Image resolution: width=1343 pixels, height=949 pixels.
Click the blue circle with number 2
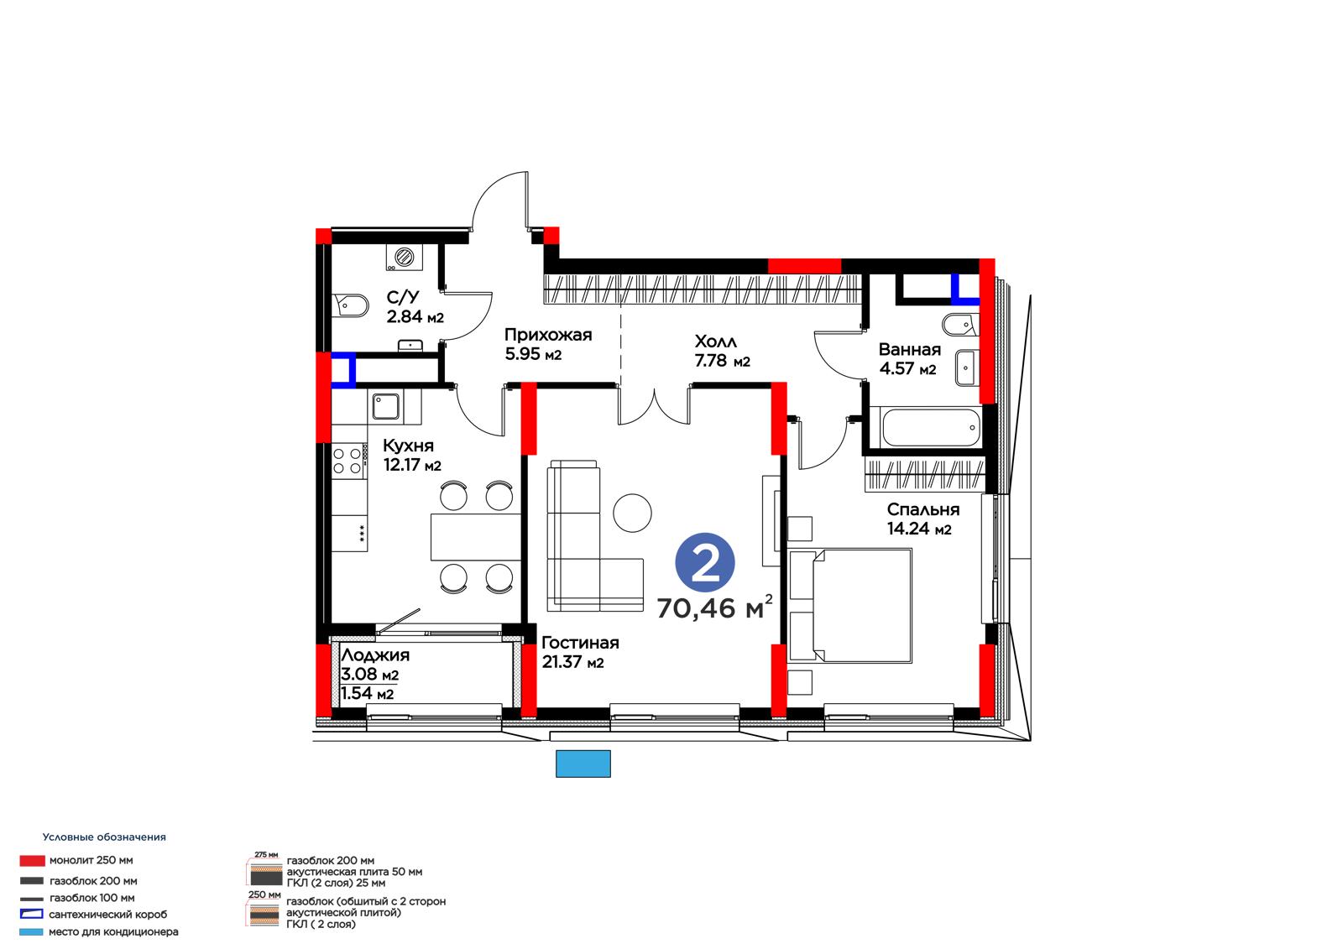click(x=704, y=562)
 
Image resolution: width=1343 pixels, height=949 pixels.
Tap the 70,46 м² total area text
click(x=714, y=607)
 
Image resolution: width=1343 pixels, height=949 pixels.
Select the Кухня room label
click(x=408, y=446)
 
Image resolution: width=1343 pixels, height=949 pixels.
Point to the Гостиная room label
click(x=580, y=643)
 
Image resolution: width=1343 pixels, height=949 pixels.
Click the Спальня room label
click(x=922, y=509)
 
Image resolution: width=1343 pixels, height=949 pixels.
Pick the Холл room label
click(x=715, y=342)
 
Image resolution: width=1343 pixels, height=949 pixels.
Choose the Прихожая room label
click(x=548, y=335)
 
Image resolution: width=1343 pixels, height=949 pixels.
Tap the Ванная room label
click(x=910, y=349)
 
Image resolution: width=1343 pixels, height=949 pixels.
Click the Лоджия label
click(x=375, y=654)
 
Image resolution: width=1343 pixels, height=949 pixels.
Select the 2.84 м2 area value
click(x=415, y=316)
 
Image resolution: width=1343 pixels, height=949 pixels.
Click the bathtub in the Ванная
click(x=926, y=427)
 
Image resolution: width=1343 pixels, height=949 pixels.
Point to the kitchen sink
click(x=385, y=406)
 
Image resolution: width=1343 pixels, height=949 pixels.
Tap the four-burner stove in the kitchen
click(x=349, y=461)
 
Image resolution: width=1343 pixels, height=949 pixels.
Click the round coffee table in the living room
click(x=632, y=513)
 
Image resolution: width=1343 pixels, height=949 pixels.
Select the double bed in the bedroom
click(x=850, y=606)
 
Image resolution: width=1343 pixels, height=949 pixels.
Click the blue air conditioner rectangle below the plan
click(x=583, y=764)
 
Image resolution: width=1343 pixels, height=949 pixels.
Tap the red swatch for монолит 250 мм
click(x=33, y=861)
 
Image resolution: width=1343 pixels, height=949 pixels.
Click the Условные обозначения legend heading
click(x=104, y=837)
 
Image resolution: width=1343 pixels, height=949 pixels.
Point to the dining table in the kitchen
click(x=475, y=536)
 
